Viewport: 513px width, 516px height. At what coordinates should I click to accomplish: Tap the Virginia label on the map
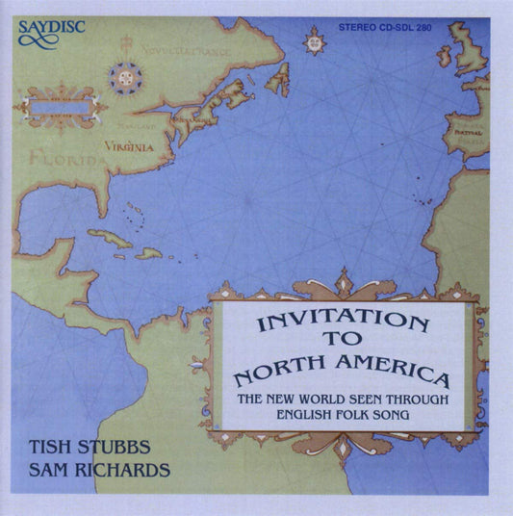point(130,147)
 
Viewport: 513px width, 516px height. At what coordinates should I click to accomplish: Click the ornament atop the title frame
point(343,283)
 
